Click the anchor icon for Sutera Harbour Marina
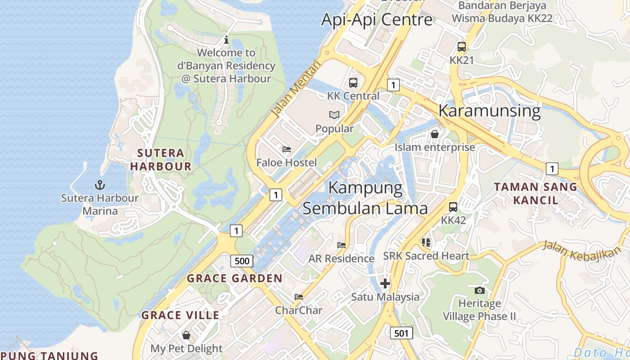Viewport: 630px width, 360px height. tap(99, 184)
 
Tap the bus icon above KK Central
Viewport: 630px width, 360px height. tap(353, 83)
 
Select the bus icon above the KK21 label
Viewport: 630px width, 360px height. tap(462, 47)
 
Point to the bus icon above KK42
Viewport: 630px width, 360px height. tap(453, 207)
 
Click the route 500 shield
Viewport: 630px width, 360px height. tap(242, 261)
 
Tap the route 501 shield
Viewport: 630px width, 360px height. tap(401, 333)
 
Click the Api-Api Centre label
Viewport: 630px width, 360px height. tap(377, 19)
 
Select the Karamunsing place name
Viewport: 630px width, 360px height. tap(489, 111)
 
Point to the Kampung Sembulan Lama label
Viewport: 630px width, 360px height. tap(365, 198)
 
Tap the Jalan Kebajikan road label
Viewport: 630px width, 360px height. tap(578, 251)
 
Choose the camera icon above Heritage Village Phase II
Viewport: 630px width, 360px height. tap(480, 290)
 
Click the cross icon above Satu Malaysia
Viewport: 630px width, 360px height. tap(385, 283)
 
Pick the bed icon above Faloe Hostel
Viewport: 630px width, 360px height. tap(287, 149)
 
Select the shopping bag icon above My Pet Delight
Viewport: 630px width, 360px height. tap(186, 335)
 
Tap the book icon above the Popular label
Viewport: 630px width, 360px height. tap(334, 115)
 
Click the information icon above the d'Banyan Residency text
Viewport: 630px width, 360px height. tap(226, 40)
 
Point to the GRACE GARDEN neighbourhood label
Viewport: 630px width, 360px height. tap(234, 279)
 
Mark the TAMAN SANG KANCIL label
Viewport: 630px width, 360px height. tap(535, 193)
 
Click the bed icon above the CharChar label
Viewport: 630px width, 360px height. tap(299, 297)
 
